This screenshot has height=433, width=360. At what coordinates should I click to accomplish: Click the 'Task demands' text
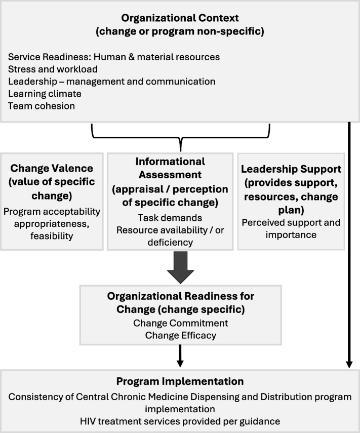[170, 218]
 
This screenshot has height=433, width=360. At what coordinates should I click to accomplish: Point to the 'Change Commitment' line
[180, 323]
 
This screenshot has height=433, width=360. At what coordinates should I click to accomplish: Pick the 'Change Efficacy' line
[180, 335]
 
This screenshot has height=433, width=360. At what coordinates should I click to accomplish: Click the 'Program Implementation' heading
[180, 381]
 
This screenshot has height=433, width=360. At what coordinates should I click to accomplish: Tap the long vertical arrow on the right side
[349, 243]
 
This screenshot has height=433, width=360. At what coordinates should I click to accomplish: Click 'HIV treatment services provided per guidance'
[180, 420]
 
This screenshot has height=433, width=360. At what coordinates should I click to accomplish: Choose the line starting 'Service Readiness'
[114, 57]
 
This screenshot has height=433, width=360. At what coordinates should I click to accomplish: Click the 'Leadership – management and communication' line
[112, 81]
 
